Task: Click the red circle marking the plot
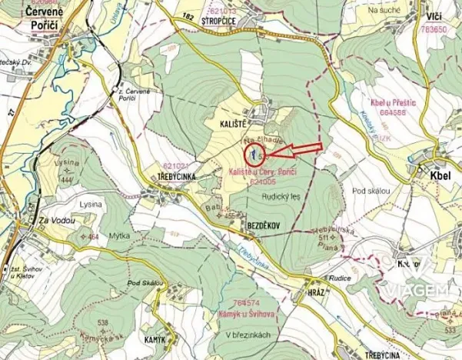(x=251, y=153)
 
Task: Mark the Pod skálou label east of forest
(x=372, y=190)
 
